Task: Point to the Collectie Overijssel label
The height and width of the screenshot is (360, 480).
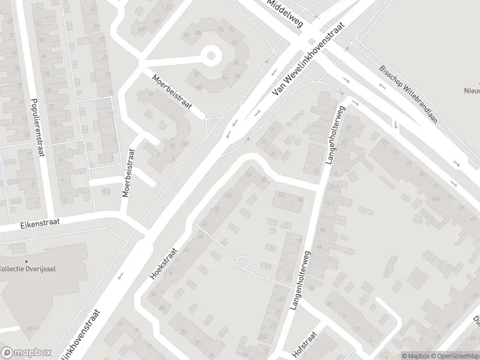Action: click(x=28, y=268)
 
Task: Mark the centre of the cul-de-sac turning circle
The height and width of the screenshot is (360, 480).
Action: click(x=211, y=56)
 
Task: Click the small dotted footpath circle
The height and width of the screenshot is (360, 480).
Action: click(x=242, y=262)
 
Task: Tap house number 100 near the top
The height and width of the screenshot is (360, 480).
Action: click(x=142, y=29)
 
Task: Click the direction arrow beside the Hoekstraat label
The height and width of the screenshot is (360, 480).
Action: click(x=121, y=276)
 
